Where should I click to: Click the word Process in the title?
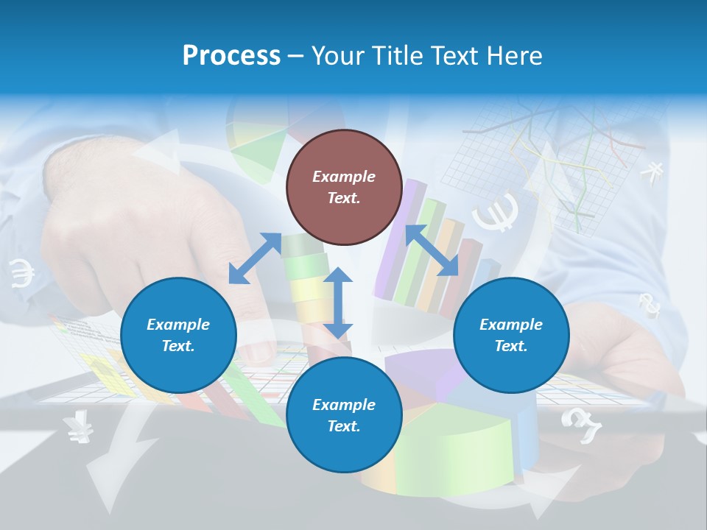tap(231, 56)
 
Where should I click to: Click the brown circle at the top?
tap(344, 187)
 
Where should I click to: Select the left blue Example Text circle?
tap(178, 335)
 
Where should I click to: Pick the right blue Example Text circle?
tap(511, 335)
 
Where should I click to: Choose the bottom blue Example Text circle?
tap(344, 415)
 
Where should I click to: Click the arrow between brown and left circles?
tap(255, 258)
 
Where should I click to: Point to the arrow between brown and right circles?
tap(432, 250)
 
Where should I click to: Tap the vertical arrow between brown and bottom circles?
tap(338, 303)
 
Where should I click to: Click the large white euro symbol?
tap(495, 213)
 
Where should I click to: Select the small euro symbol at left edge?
tap(22, 273)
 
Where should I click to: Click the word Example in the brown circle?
tap(344, 177)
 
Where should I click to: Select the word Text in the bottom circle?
tap(344, 426)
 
